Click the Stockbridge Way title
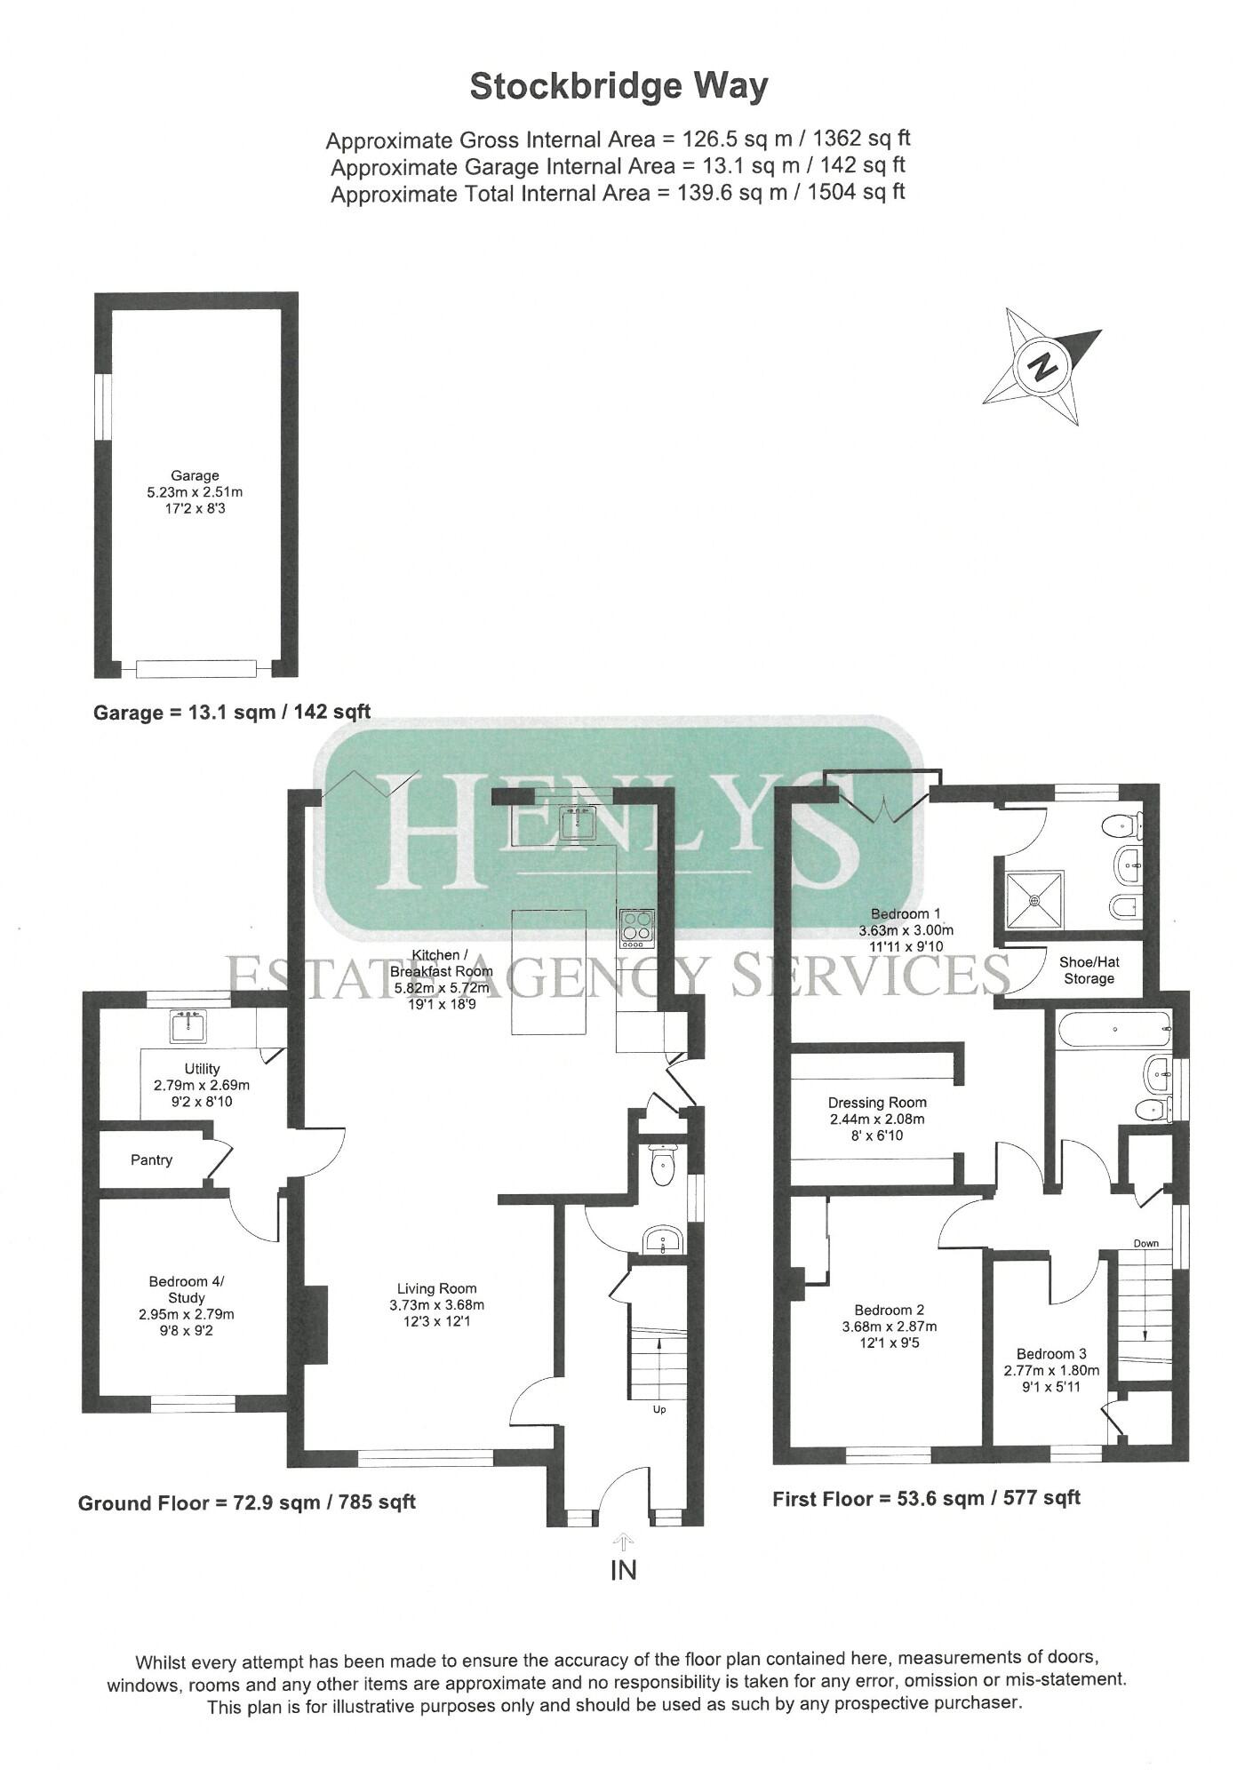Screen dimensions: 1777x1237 618,87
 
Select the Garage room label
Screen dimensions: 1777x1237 195,475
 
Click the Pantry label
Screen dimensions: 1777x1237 151,1159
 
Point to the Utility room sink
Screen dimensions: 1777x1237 187,1028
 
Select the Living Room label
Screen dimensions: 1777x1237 436,1288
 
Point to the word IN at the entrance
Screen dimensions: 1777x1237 624,1570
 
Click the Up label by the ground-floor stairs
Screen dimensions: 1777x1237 659,1409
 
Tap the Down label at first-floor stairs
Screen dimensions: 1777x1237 1146,1243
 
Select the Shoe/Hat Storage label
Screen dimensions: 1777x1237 1089,970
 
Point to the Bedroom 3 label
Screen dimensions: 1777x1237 1051,1354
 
